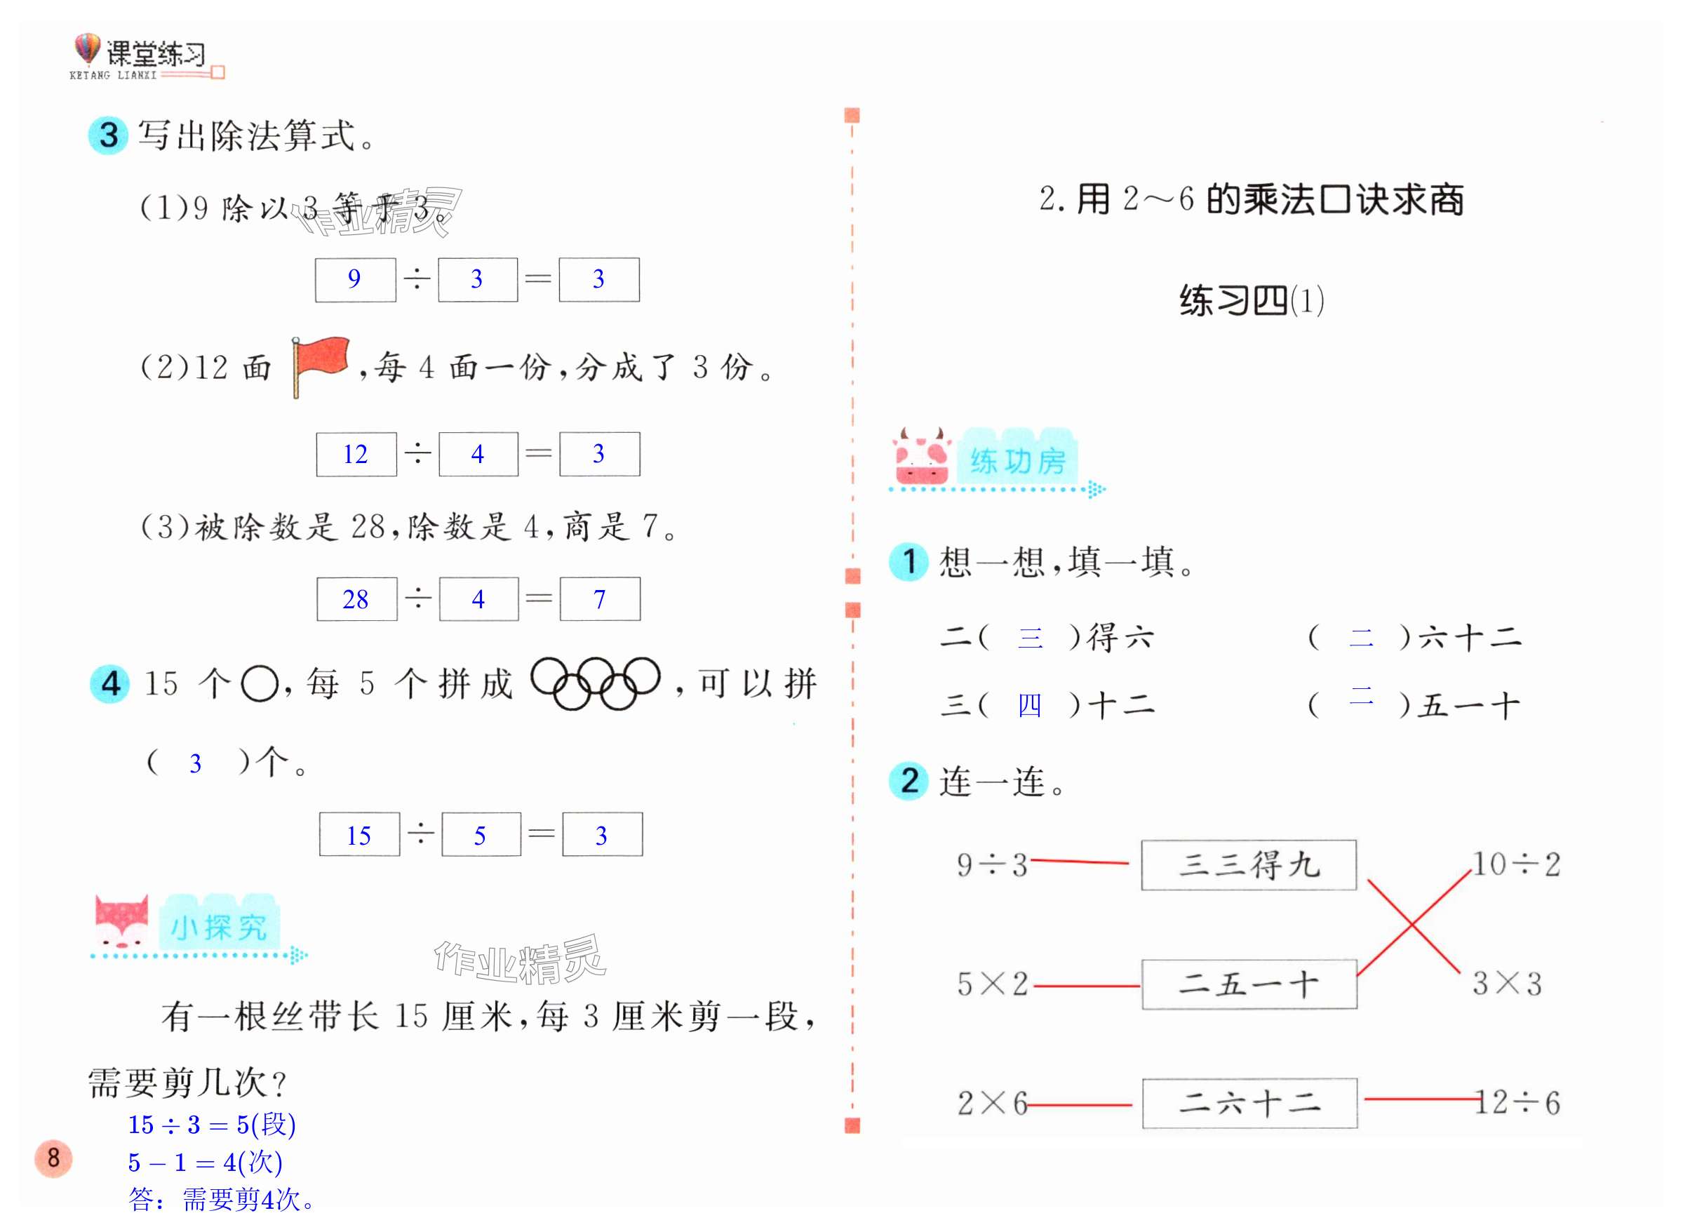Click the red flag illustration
[321, 365]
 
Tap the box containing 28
[356, 598]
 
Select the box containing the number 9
[356, 280]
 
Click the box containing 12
[356, 453]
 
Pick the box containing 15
[359, 835]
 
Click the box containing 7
[600, 598]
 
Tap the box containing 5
[481, 835]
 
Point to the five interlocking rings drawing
[595, 683]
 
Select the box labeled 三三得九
[1248, 864]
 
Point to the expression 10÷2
[1517, 864]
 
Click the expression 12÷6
[1518, 1103]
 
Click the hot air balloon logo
[87, 49]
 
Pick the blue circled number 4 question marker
[110, 683]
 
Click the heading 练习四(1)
[1251, 300]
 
